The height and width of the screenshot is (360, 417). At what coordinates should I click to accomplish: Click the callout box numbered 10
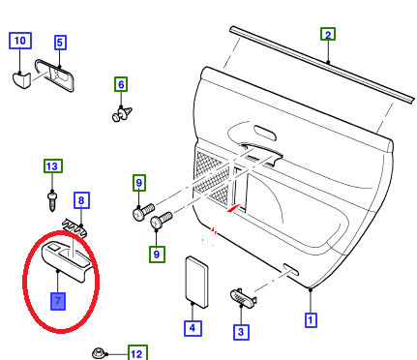(20, 41)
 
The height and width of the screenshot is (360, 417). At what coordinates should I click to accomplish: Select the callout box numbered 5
(60, 43)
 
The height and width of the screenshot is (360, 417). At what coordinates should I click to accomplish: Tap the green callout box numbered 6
(121, 84)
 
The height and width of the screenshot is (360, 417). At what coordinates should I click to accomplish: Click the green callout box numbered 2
(328, 34)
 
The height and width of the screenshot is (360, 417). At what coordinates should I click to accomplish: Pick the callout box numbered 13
(53, 166)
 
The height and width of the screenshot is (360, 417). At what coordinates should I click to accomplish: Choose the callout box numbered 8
(81, 200)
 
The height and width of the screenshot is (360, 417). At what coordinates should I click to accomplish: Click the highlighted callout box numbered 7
(58, 301)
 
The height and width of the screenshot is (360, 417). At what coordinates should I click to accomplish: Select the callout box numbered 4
(193, 328)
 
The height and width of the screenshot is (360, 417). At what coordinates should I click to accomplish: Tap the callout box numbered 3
(241, 332)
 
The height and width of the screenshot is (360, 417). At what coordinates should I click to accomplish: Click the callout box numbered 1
(311, 320)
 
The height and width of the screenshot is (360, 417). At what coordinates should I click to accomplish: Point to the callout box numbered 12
(137, 353)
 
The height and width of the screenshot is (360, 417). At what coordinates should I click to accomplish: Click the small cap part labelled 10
(21, 80)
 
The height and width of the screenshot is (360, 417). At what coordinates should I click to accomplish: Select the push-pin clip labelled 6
(122, 113)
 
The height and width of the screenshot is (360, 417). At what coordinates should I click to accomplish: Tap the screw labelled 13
(52, 201)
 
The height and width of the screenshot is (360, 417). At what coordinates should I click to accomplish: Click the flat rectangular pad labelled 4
(196, 283)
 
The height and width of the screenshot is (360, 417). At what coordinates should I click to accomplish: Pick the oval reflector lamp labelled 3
(243, 296)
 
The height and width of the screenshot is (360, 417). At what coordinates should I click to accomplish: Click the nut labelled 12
(99, 353)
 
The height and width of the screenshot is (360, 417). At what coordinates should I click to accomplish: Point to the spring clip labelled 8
(74, 228)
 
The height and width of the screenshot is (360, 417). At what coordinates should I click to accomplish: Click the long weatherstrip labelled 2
(322, 65)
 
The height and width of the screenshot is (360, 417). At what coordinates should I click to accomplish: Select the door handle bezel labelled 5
(55, 75)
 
